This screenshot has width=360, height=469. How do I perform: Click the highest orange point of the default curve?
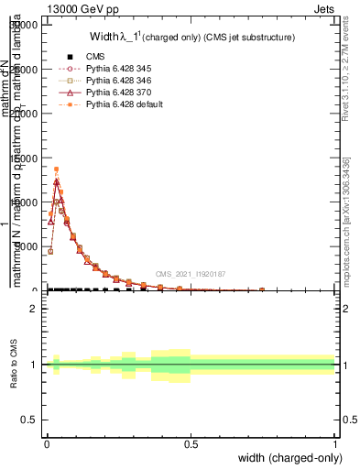pyautogui.click(x=56, y=169)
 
